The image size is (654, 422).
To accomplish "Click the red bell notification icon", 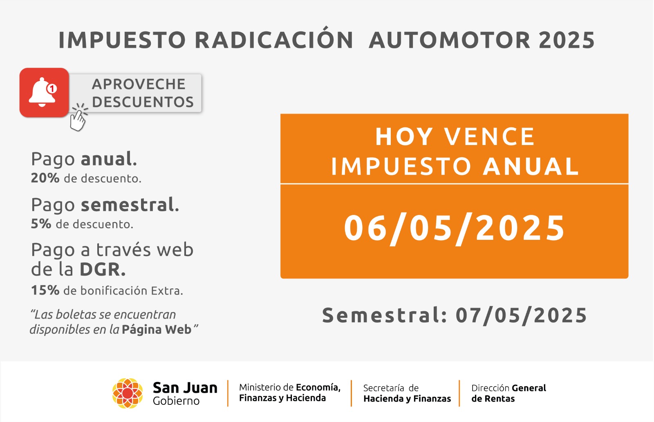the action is [x=44, y=92].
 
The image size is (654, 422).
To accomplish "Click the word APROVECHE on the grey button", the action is [x=139, y=84].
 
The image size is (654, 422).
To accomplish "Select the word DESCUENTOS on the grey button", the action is [x=143, y=102].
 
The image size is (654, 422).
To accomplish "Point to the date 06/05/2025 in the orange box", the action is [x=454, y=228].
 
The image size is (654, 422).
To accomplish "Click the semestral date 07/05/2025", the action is [x=522, y=315].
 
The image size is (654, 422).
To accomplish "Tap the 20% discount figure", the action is [x=45, y=178].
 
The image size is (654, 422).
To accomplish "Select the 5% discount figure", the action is [x=41, y=224].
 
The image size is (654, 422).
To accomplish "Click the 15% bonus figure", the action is [x=45, y=290].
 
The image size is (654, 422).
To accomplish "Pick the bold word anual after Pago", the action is [x=109, y=159].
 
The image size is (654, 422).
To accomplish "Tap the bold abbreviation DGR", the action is [x=103, y=269].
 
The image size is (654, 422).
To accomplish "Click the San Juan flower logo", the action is [x=128, y=393].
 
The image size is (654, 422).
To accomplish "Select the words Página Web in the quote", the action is [x=157, y=330].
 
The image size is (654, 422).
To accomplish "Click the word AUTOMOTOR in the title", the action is [x=450, y=40].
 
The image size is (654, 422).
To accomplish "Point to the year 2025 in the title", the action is [x=567, y=40].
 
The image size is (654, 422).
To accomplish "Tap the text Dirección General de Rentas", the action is [x=508, y=393].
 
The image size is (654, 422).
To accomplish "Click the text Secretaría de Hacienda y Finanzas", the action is [x=407, y=393].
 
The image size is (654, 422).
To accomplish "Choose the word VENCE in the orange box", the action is [x=489, y=136].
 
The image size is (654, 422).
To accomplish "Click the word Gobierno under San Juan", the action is [x=176, y=401].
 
